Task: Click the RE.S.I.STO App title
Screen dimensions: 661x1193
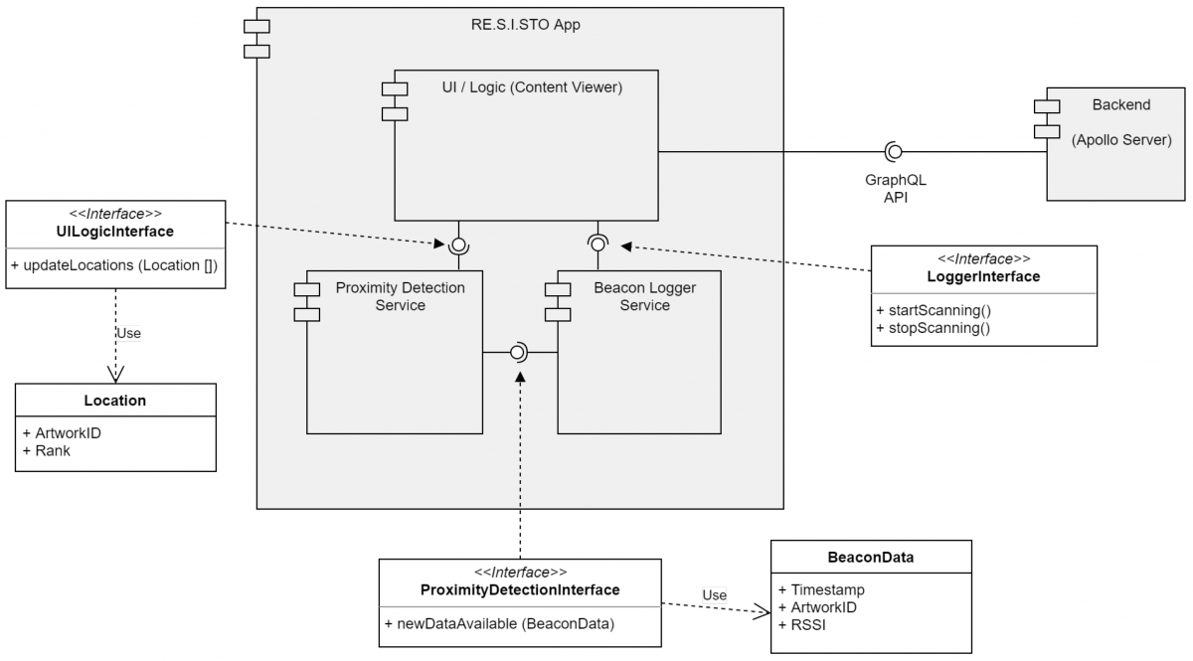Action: [x=526, y=25]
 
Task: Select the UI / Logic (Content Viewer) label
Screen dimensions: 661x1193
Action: [x=532, y=87]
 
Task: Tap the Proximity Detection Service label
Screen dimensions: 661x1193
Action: [x=400, y=296]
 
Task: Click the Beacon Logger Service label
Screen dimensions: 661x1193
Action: [x=644, y=296]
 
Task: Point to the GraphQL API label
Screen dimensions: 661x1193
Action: [x=889, y=189]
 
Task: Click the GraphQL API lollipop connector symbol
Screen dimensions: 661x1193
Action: [x=893, y=151]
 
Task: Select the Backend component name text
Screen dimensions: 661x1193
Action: [x=1120, y=104]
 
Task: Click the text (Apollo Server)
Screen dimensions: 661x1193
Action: [x=1120, y=140]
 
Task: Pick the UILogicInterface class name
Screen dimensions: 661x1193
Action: [x=116, y=232]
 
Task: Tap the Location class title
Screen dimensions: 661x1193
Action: [x=114, y=401]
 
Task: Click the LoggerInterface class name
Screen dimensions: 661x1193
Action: [x=984, y=276]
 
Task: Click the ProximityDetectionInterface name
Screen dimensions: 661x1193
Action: [x=520, y=589]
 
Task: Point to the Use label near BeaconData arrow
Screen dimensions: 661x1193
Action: [x=715, y=594]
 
